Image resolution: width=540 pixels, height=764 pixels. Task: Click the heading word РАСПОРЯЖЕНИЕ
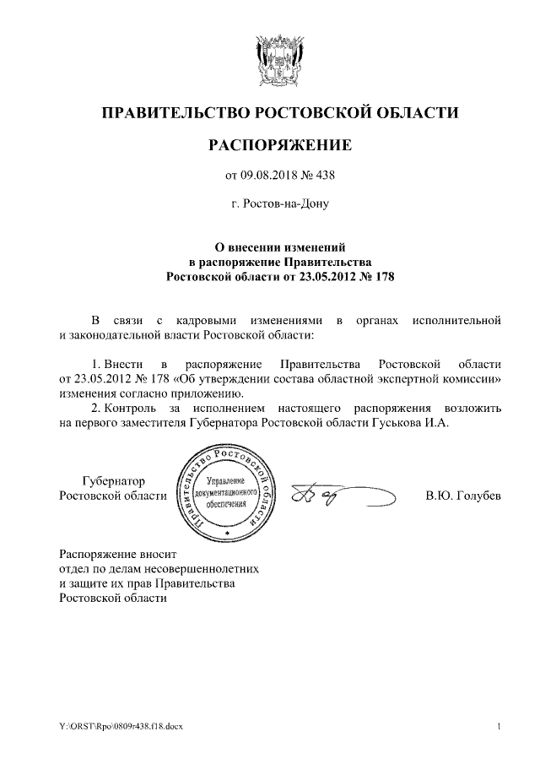pyautogui.click(x=279, y=146)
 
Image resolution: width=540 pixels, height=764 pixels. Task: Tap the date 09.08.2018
pyautogui.click(x=270, y=176)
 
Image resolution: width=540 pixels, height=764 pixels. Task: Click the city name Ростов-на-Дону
pyautogui.click(x=279, y=203)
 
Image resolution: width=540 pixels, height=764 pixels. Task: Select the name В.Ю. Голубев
pyautogui.click(x=463, y=496)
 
